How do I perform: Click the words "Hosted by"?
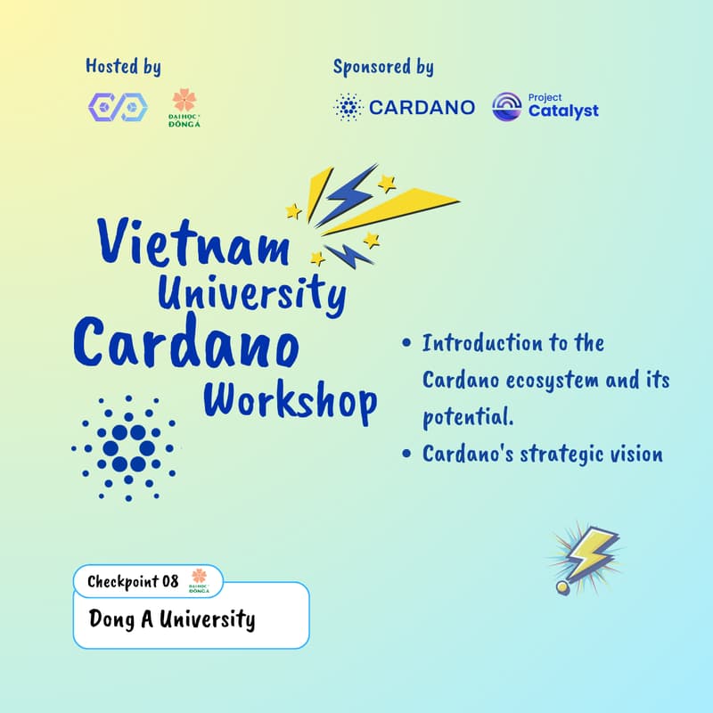pyautogui.click(x=123, y=67)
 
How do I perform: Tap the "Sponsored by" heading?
pyautogui.click(x=383, y=67)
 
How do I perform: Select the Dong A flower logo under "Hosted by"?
pyautogui.click(x=184, y=108)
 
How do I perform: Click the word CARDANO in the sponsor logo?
pyautogui.click(x=422, y=108)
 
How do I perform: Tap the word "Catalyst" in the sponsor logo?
pyautogui.click(x=563, y=112)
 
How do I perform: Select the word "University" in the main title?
pyautogui.click(x=251, y=292)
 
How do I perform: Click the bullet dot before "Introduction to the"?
pyautogui.click(x=407, y=344)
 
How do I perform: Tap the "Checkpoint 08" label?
pyautogui.click(x=133, y=582)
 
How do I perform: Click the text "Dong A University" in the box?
pyautogui.click(x=172, y=619)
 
